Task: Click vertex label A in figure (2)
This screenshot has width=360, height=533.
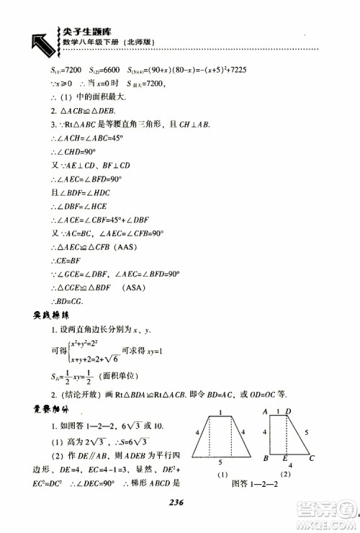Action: pyautogui.click(x=266, y=411)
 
